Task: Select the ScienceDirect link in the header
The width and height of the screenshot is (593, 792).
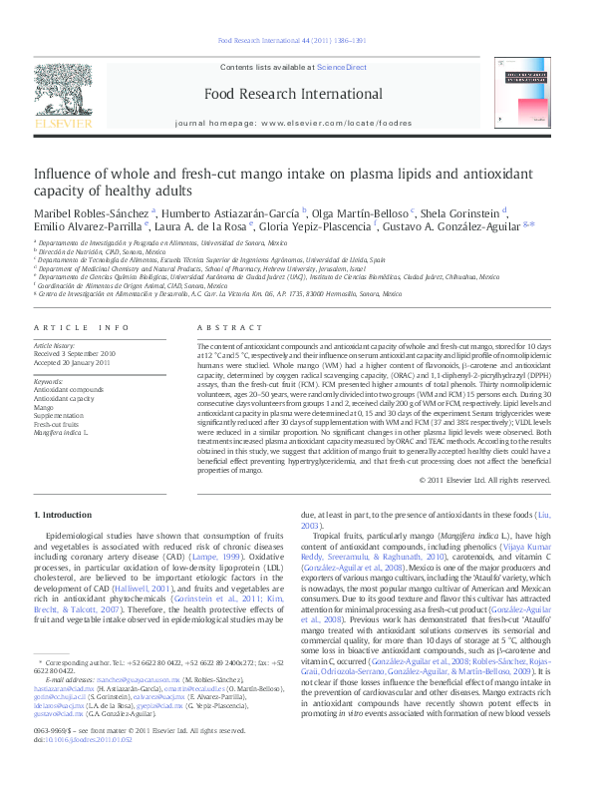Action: pos(341,66)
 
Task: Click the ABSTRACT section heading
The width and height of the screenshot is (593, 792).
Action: pos(223,327)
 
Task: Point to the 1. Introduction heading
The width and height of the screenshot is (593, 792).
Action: pos(62,515)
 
